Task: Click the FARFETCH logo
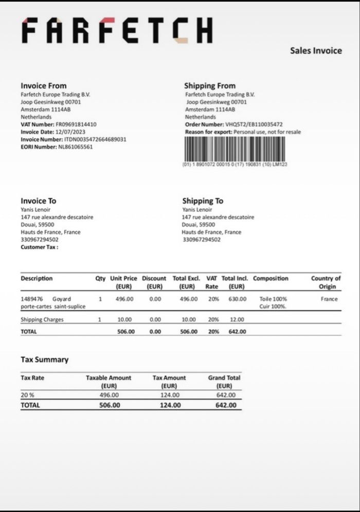[x=117, y=30]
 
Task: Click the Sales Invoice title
[x=316, y=50]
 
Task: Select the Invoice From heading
[x=44, y=86]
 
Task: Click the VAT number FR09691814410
[x=76, y=124]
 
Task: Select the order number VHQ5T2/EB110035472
[x=254, y=124]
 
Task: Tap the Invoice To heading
[x=39, y=201]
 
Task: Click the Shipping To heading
[x=203, y=201]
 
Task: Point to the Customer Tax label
[x=39, y=247]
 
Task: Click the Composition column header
[x=271, y=279]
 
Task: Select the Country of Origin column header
[x=326, y=282]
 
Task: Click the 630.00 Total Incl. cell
[x=237, y=299]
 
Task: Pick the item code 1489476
[x=31, y=299]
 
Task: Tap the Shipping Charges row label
[x=42, y=320]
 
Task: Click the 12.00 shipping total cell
[x=237, y=320]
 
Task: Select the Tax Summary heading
[x=44, y=360]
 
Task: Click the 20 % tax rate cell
[x=27, y=395]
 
